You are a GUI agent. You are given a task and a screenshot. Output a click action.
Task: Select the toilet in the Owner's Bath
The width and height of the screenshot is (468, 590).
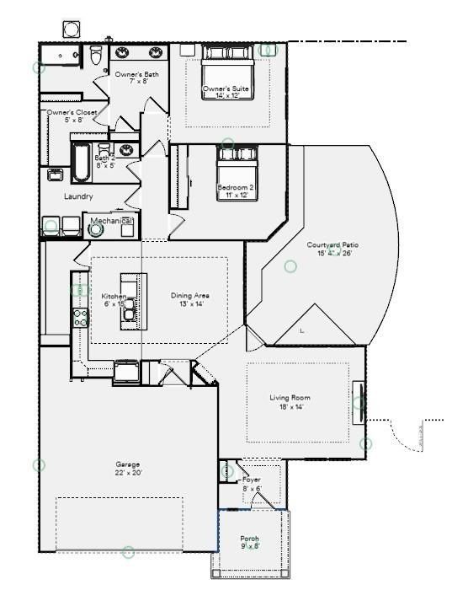coord(96,56)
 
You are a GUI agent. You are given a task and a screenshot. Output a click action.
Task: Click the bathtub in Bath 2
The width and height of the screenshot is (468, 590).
coord(80,162)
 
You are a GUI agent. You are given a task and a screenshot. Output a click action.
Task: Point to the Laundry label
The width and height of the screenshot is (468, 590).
coord(78,196)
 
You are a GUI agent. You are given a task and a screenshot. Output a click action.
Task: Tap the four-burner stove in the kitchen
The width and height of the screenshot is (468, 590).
coord(82,317)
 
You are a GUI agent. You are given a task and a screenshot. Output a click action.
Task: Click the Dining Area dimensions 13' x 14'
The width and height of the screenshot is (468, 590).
coord(190,304)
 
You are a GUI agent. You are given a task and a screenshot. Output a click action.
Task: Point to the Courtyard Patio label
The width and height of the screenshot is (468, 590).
coord(332,244)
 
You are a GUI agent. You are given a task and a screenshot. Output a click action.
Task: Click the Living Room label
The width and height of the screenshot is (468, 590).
coord(290,397)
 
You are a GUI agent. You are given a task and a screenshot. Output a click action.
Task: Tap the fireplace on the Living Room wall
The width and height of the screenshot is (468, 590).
coord(359,402)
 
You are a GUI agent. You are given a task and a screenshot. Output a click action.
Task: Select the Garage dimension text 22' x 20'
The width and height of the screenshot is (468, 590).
coord(128,473)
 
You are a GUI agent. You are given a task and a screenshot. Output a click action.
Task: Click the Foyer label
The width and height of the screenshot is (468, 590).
coord(251,480)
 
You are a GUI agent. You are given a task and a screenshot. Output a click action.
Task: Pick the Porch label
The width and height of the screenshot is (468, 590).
coord(250,539)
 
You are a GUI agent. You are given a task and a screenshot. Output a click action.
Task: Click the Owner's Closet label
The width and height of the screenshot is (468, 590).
coord(72,112)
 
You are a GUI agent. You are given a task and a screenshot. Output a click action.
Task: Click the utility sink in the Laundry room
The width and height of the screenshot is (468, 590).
coord(55,175)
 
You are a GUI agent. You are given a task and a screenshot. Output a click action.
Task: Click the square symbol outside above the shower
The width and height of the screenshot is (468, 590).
coord(71,29)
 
